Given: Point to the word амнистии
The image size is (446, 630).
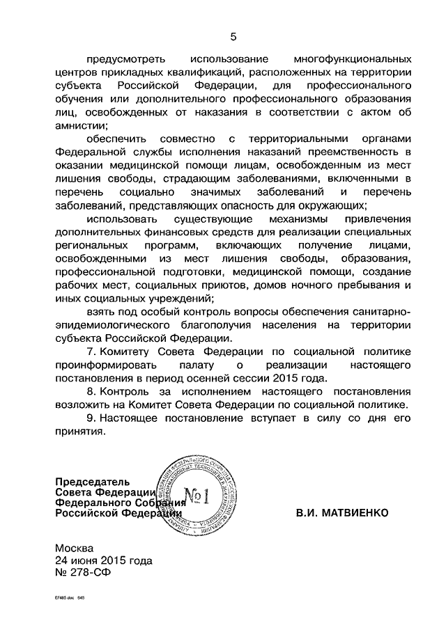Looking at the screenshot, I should coord(82,125).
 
